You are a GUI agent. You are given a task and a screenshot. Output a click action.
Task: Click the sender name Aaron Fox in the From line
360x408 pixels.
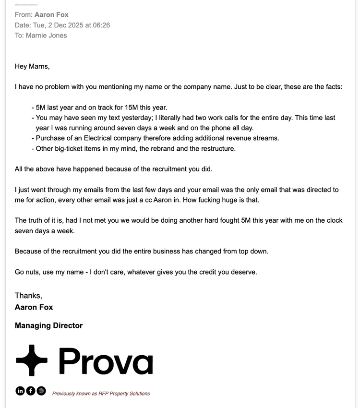coord(51,15)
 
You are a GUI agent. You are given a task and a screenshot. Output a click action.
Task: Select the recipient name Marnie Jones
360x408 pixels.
coord(47,36)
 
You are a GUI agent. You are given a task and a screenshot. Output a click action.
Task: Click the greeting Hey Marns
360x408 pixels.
coord(32,66)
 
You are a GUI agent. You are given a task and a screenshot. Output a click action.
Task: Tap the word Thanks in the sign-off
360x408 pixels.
coord(28,296)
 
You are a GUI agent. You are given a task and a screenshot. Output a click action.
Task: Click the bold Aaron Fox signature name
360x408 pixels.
coord(34,307)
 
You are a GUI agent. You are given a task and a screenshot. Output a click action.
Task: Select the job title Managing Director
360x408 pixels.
coord(48,325)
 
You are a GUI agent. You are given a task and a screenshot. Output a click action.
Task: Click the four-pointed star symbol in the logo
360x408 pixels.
coord(31,360)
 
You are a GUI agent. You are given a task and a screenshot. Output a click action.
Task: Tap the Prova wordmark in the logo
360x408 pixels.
coord(106,361)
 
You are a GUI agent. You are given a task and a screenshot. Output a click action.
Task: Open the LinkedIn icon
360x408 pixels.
coord(20,391)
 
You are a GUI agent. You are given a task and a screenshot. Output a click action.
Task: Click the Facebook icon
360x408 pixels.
coord(31,391)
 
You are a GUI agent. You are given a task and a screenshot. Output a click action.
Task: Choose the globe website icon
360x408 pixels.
coord(41,391)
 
